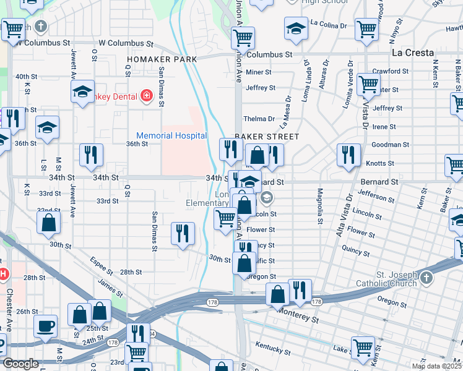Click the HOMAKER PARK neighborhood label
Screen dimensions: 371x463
(162, 59)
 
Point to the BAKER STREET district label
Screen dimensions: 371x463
(267, 136)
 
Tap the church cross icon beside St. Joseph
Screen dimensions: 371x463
(426, 279)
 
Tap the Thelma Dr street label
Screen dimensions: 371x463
(259, 119)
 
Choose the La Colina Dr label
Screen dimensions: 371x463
(329, 25)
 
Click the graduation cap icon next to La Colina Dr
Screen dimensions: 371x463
(296, 28)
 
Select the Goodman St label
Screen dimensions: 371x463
(388, 145)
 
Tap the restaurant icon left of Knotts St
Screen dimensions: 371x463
(348, 155)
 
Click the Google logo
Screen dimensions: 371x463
(20, 364)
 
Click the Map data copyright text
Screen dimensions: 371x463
(436, 366)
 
